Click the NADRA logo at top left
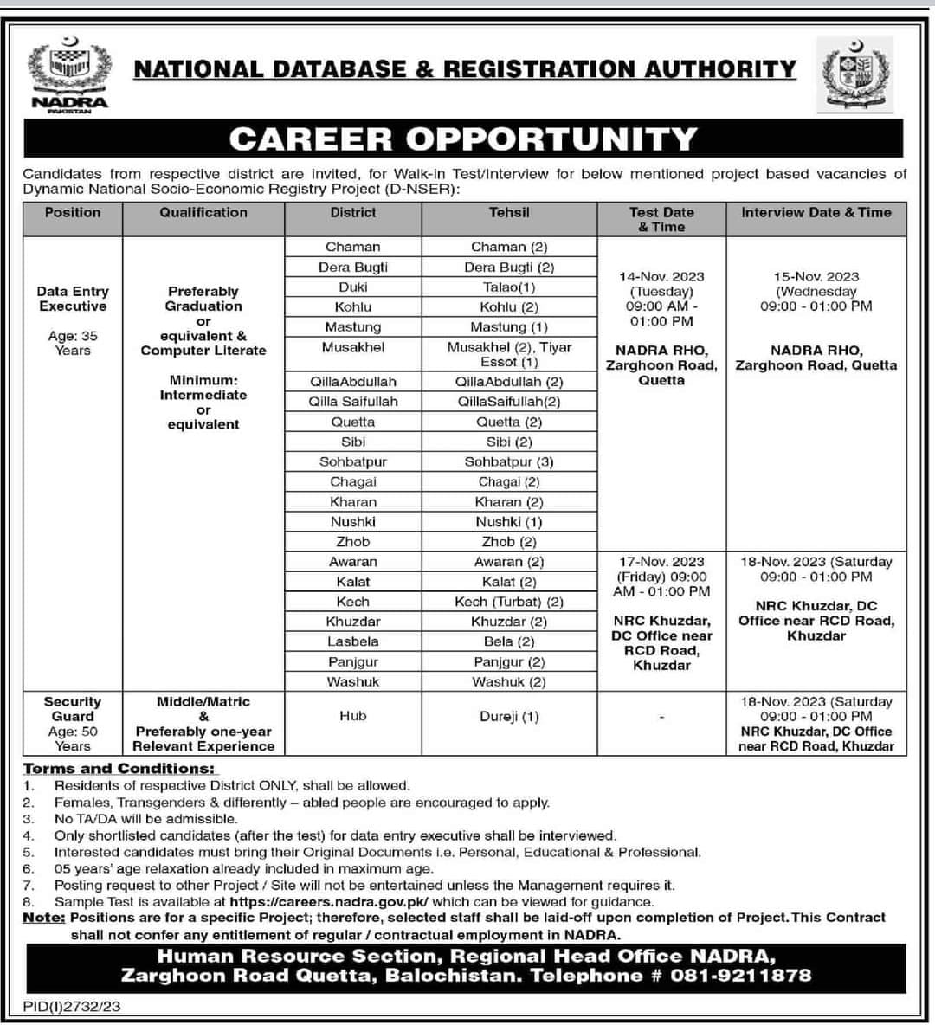click(69, 76)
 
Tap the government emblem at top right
click(854, 76)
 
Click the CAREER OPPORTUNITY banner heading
click(462, 139)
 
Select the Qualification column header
click(203, 212)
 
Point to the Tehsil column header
click(509, 212)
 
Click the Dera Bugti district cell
click(353, 268)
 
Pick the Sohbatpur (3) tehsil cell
click(509, 462)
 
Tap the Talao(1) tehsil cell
click(509, 287)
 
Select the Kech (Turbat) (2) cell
click(509, 602)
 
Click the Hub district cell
click(353, 716)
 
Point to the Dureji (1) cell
click(509, 716)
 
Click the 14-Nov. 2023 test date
click(661, 277)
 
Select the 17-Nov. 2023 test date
click(661, 562)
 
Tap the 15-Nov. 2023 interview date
click(816, 277)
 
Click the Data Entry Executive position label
click(73, 299)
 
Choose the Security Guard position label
click(73, 709)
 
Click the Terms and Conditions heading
click(119, 769)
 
